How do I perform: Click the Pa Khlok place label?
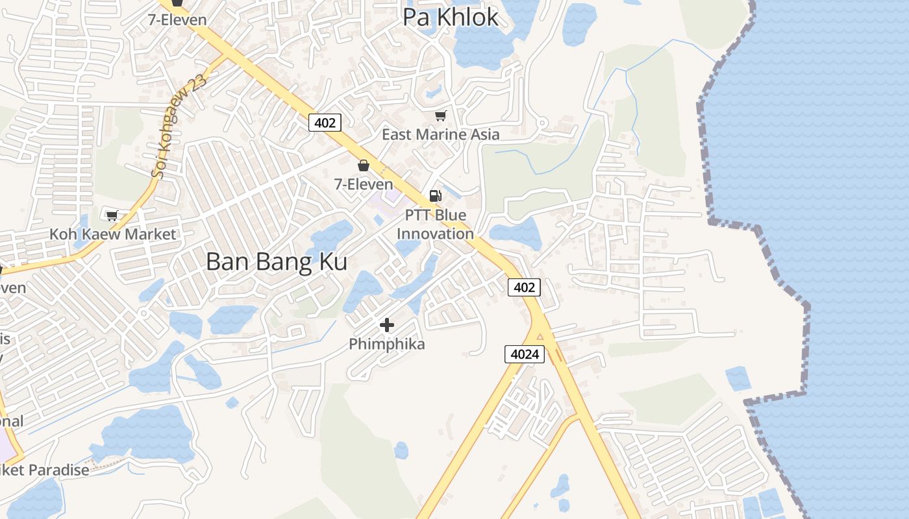coord(451,18)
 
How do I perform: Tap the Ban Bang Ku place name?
coord(277,261)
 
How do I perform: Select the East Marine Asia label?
coord(440,134)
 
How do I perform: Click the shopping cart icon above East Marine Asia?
coord(441,115)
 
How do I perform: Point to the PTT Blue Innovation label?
coord(435,224)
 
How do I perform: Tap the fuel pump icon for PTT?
coord(435,195)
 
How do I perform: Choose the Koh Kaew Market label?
coord(113,234)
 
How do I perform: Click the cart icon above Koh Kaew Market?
coord(112,215)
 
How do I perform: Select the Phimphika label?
coord(387,344)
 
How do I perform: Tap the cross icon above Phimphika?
coord(387,325)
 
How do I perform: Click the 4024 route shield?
coord(524,354)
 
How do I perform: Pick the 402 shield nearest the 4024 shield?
coord(524,287)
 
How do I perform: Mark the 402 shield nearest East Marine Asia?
coord(325,122)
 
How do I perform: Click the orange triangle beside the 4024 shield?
coord(540,336)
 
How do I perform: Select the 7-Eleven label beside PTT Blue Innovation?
coord(364,184)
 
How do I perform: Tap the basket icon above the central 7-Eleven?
coord(364,165)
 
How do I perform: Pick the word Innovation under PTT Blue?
coord(435,234)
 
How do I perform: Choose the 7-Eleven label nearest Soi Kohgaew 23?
coord(177,19)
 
